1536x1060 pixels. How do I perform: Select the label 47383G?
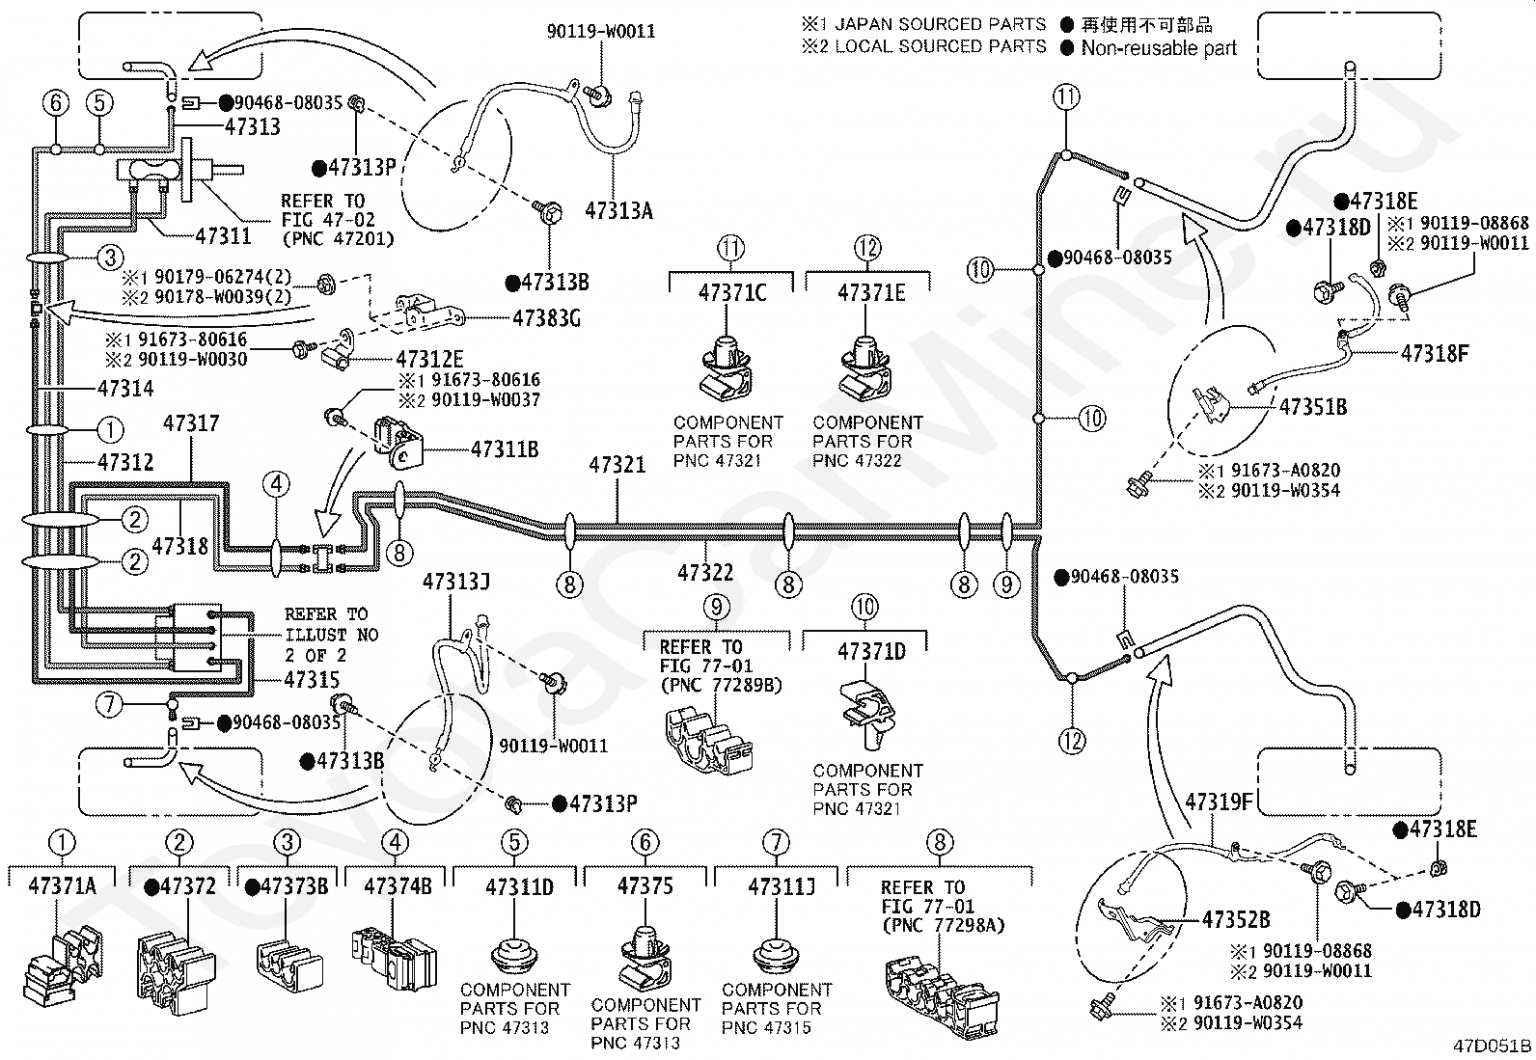(546, 317)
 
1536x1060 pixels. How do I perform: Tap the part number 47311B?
(505, 448)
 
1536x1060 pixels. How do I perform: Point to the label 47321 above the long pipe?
(617, 465)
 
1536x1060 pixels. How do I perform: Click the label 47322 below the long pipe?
(705, 573)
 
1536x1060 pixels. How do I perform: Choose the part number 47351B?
(1313, 407)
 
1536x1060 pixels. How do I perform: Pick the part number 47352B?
(1236, 920)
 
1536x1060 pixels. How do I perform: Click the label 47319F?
(1219, 802)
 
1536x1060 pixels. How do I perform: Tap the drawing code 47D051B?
(1494, 1046)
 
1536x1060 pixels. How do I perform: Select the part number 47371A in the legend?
(63, 885)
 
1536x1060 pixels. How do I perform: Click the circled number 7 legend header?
(776, 843)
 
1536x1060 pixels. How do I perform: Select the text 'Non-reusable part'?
(1158, 48)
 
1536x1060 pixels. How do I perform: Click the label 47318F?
(1435, 353)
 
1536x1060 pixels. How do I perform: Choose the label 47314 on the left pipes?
(125, 389)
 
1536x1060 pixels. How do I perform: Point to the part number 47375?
(645, 885)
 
